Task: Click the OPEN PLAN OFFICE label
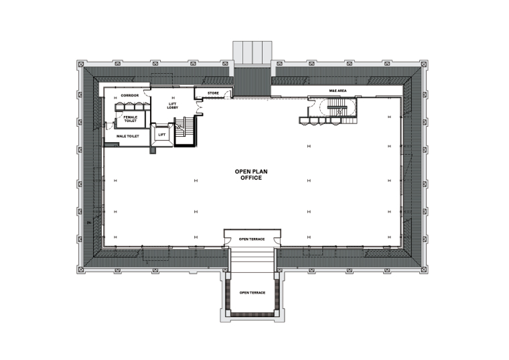(x=251, y=174)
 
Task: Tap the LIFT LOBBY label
(x=172, y=106)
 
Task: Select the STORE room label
(x=213, y=93)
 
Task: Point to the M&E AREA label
(x=338, y=91)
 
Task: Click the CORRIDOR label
(x=130, y=95)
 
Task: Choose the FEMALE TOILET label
(x=130, y=119)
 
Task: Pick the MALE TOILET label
(x=127, y=136)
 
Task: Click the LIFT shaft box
(x=161, y=135)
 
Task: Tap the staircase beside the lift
(x=185, y=131)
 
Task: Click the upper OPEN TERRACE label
(x=252, y=239)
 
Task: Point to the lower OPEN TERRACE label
(x=252, y=293)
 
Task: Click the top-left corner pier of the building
(x=81, y=64)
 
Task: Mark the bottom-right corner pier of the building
(x=423, y=269)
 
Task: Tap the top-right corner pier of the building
(x=423, y=64)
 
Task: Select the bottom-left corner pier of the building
(x=81, y=269)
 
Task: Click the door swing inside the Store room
(x=228, y=95)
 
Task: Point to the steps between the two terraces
(x=252, y=259)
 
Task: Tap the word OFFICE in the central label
(x=251, y=178)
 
